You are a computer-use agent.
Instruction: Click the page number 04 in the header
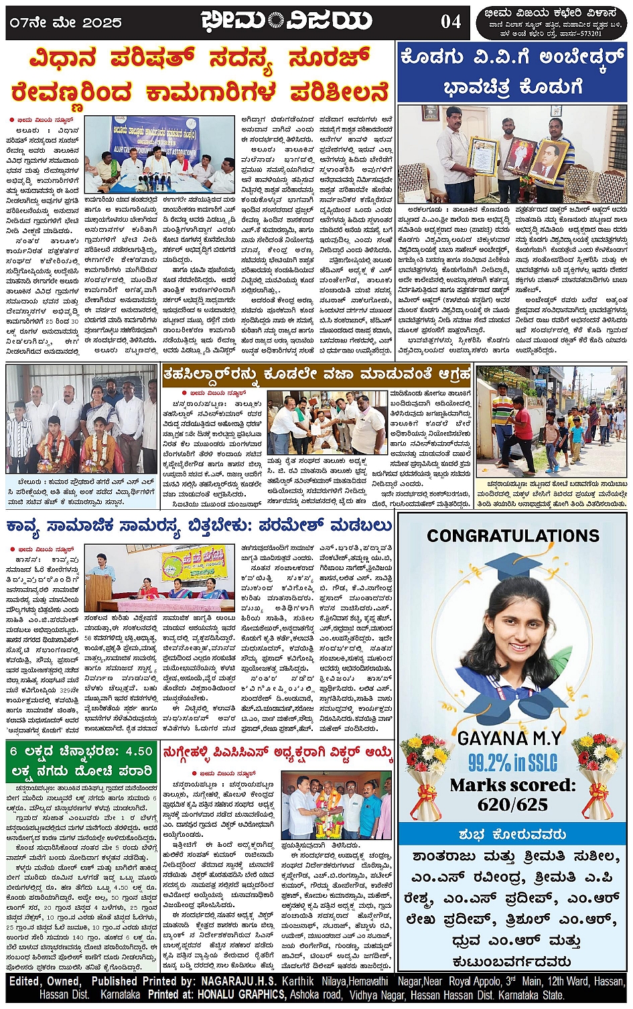pos(451,21)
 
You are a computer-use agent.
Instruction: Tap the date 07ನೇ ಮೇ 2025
pos(65,22)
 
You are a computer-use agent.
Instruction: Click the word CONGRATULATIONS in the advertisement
pos(513,535)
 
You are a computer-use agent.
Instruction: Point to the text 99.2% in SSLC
pos(512,762)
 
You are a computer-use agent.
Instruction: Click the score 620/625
pos(512,804)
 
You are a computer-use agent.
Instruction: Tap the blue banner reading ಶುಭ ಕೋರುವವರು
pos(512,834)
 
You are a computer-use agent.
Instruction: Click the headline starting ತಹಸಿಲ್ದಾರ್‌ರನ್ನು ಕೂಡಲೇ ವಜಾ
pos(317,374)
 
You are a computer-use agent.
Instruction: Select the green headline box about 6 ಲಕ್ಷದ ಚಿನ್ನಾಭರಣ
pos(82,761)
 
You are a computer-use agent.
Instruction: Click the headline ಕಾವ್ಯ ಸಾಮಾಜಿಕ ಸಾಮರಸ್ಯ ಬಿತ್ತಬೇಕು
pos(199,525)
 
